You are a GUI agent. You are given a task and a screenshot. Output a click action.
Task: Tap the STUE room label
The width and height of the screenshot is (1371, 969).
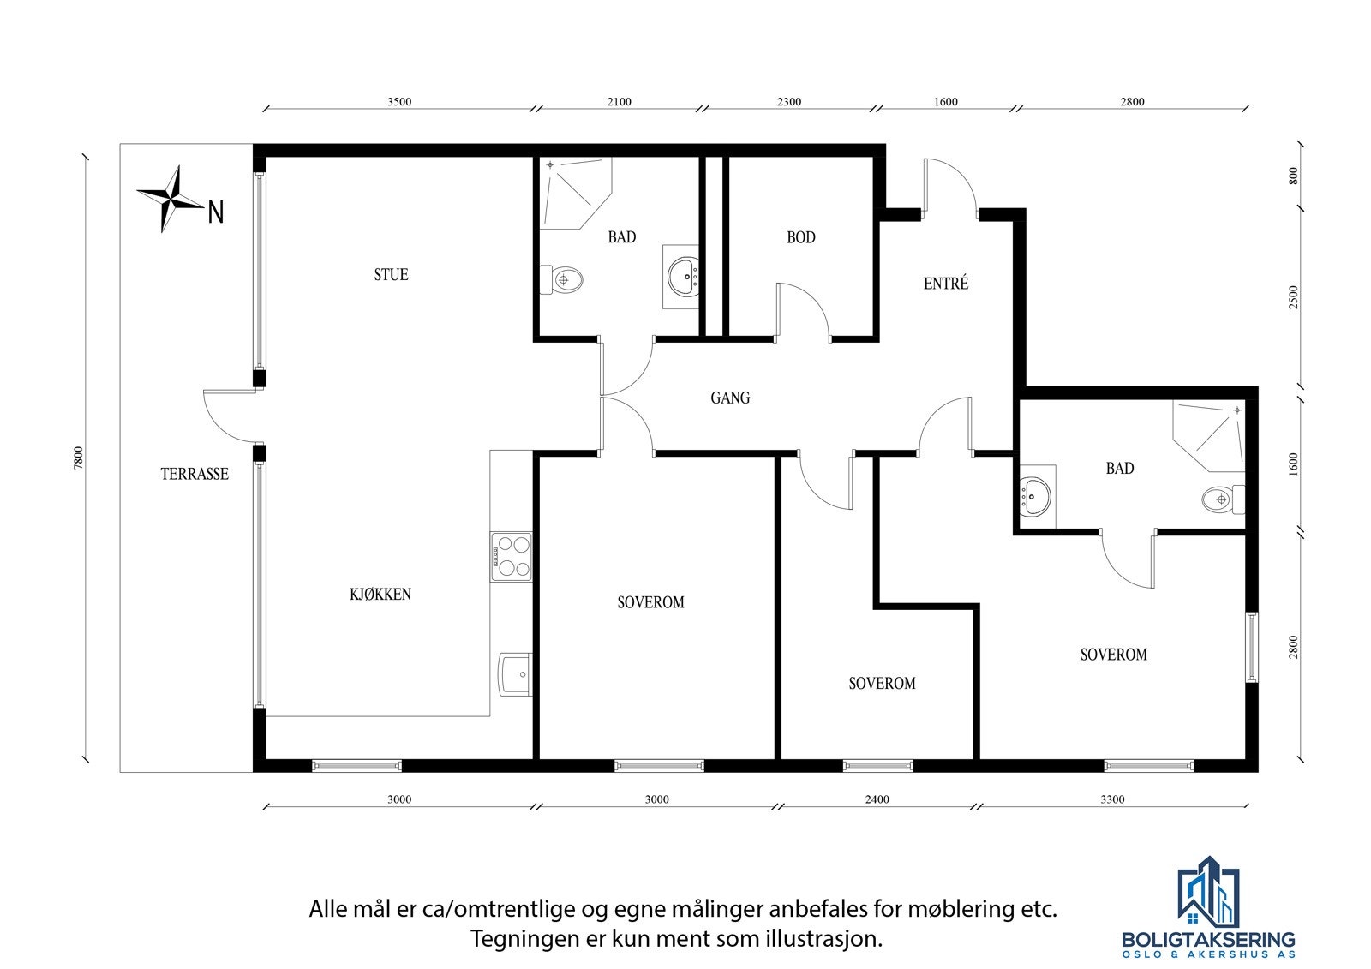point(391,275)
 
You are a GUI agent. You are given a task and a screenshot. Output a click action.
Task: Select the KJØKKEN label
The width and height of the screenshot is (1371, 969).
point(380,595)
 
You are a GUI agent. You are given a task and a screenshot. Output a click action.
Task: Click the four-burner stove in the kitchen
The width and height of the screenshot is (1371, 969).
point(511,557)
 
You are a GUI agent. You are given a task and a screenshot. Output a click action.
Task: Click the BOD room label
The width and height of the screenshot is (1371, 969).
point(801,238)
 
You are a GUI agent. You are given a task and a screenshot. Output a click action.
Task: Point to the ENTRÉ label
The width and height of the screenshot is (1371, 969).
point(946,284)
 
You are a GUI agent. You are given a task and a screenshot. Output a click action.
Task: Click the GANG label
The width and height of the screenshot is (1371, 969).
point(730,398)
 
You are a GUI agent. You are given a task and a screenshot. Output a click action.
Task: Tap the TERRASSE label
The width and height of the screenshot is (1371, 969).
point(195,475)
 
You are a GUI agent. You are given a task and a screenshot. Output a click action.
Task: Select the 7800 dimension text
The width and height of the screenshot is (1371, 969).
point(79,458)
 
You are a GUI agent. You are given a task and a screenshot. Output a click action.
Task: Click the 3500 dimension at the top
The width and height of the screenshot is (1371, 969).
point(399,102)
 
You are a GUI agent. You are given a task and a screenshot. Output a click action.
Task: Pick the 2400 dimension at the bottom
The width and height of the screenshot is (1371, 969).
point(877,800)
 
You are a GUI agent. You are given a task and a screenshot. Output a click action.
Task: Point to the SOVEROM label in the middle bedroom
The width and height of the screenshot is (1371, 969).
point(882,684)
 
